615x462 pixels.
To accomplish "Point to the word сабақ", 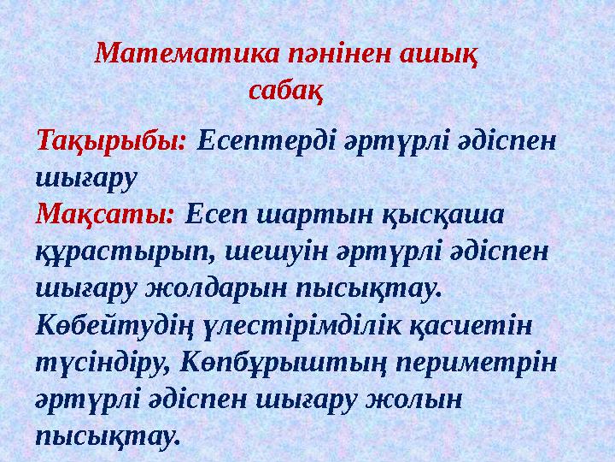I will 286,88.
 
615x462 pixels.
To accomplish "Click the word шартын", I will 301,212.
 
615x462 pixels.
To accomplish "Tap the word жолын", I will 415,400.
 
